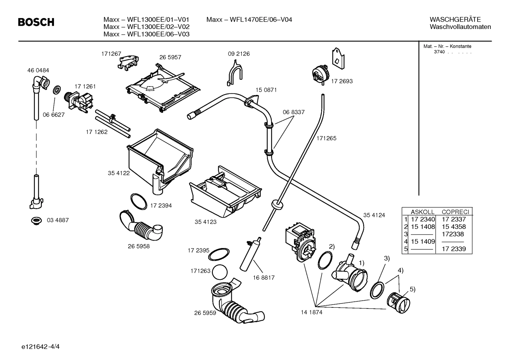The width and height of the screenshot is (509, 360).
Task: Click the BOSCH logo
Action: pyautogui.click(x=36, y=22)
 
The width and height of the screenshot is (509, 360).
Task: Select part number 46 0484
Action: pyautogui.click(x=38, y=70)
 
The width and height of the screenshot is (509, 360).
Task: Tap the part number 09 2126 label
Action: pyautogui.click(x=239, y=54)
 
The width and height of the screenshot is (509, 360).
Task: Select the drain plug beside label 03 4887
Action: pyautogui.click(x=36, y=220)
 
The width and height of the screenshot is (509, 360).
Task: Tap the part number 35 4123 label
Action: pyautogui.click(x=205, y=222)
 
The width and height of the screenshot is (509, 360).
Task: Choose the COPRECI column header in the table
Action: pyautogui.click(x=455, y=212)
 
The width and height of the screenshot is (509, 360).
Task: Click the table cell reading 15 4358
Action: pyautogui.click(x=454, y=227)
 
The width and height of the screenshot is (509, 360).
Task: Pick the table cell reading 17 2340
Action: pyautogui.click(x=423, y=219)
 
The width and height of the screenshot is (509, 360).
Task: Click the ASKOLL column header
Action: pyautogui.click(x=423, y=212)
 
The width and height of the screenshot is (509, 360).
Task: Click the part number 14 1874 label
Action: pyautogui.click(x=311, y=312)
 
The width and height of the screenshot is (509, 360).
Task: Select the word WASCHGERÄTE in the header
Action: pyautogui.click(x=455, y=19)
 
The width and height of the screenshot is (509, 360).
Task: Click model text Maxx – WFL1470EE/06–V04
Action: pyautogui.click(x=249, y=19)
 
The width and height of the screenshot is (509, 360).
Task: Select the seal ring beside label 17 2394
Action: pyautogui.click(x=139, y=201)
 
